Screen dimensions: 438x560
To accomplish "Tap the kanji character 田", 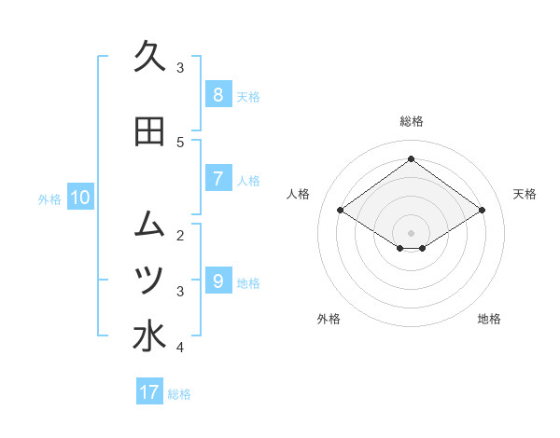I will [x=148, y=131].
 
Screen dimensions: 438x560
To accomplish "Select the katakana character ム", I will [x=148, y=224].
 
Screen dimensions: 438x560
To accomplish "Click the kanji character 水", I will [x=148, y=336].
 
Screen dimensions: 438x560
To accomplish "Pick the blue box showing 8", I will [x=217, y=94].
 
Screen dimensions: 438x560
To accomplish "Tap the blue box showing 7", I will [x=217, y=178].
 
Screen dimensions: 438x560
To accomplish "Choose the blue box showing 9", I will [x=217, y=281].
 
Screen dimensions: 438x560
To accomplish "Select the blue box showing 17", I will [x=149, y=392].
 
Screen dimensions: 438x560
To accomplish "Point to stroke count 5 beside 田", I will [x=180, y=142].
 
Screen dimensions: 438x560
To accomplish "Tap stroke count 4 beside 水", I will [x=180, y=348].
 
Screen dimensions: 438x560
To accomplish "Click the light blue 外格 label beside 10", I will [x=49, y=198].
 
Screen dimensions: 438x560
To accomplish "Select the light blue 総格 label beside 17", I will [x=179, y=394].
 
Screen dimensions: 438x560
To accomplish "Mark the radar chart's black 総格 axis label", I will [x=411, y=121].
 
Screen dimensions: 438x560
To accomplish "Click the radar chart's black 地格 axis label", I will [x=489, y=319].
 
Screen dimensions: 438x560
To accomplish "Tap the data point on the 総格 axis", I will [x=411, y=159].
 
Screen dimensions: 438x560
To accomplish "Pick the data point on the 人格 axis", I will [x=341, y=211].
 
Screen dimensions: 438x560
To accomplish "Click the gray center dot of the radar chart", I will [x=411, y=232].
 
